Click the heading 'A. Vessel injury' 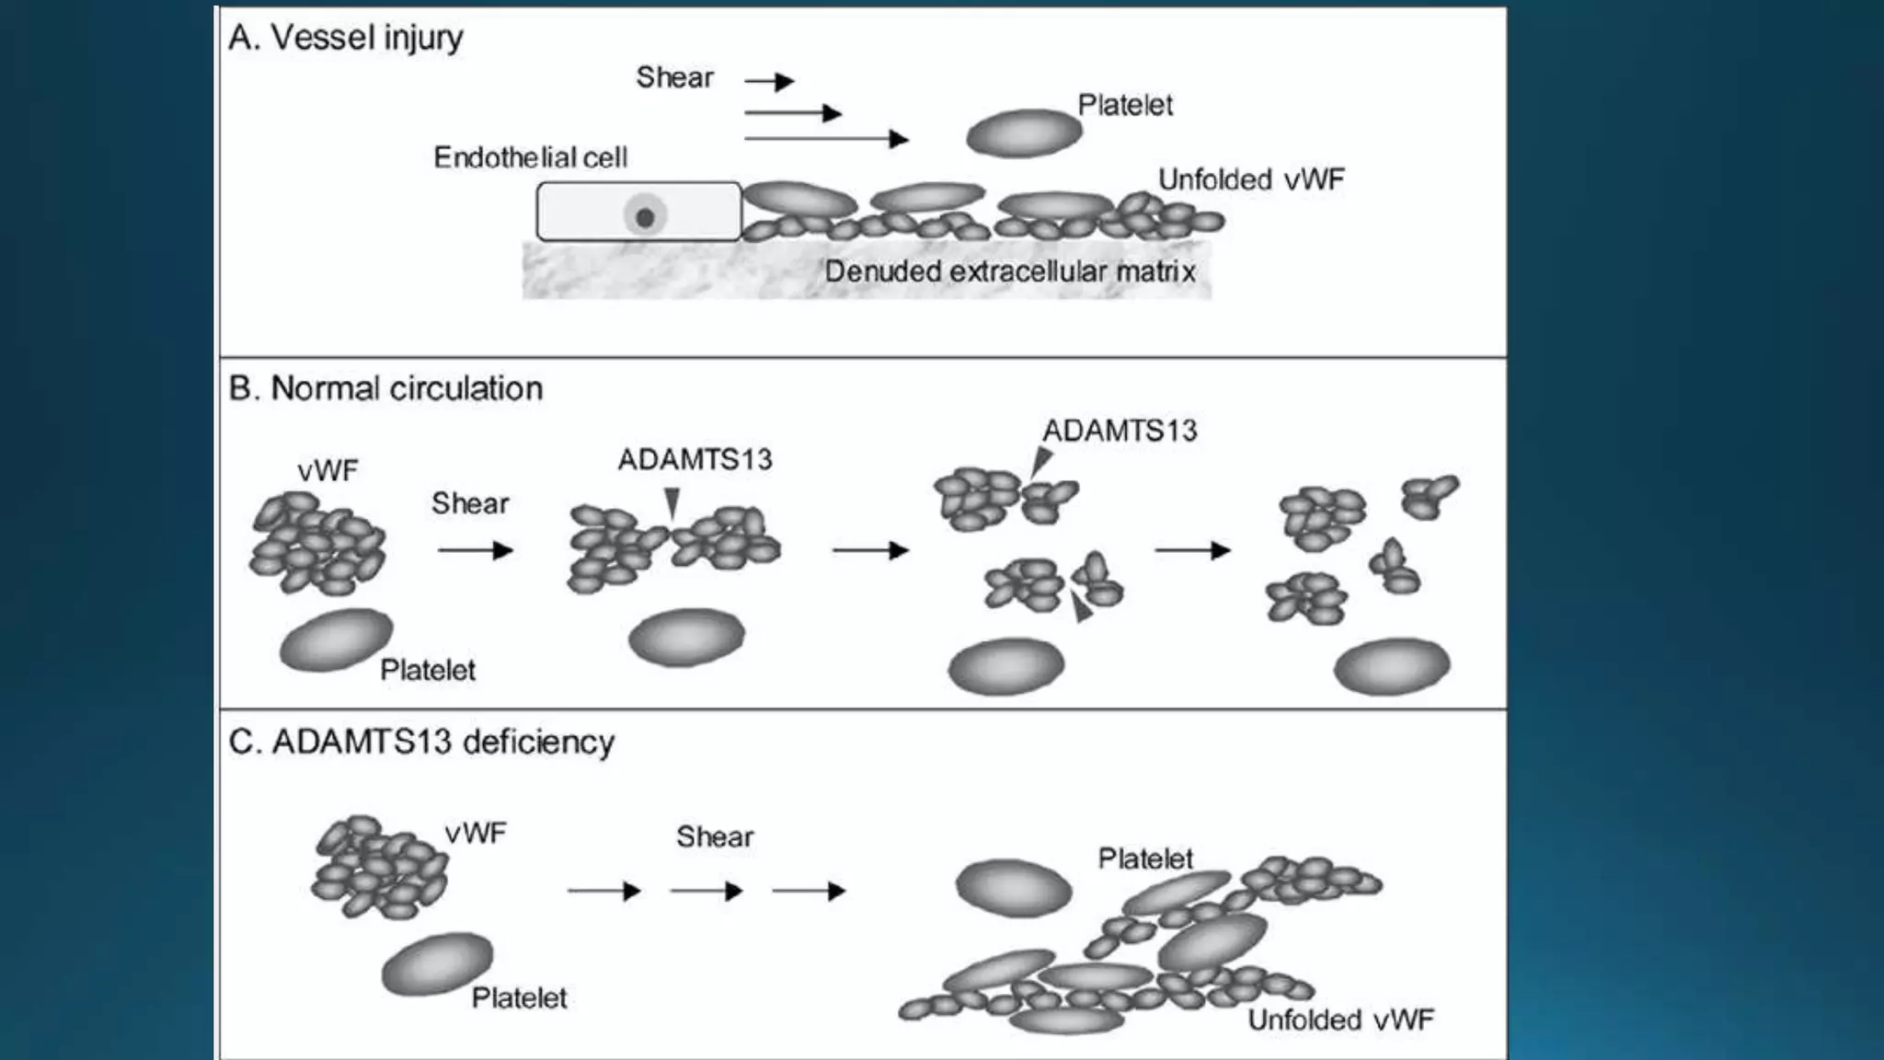(x=346, y=38)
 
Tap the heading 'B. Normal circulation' (x=385, y=388)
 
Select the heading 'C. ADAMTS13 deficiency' (x=421, y=742)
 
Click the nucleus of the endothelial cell (x=645, y=217)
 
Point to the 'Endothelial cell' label (x=530, y=157)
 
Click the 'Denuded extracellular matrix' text (x=1009, y=271)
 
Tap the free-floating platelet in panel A (x=1023, y=133)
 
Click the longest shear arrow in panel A (x=825, y=139)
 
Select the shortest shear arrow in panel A (x=769, y=82)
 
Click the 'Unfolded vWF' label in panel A (x=1250, y=179)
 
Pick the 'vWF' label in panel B (x=327, y=471)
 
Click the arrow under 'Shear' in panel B (x=475, y=550)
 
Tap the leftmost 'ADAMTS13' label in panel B (x=695, y=459)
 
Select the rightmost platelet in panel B (x=1391, y=666)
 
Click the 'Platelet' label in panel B (x=428, y=670)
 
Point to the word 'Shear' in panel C (x=715, y=836)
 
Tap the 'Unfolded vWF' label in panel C (x=1340, y=1020)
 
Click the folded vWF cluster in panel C (x=379, y=867)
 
